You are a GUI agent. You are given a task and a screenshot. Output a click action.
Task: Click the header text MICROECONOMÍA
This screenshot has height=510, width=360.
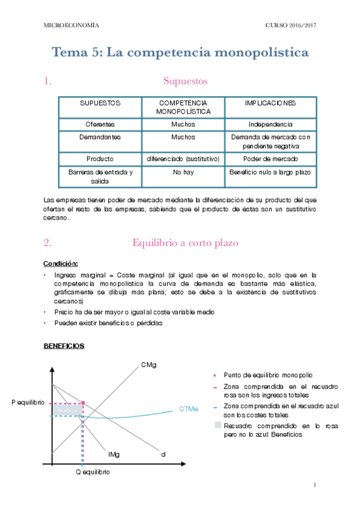click(72, 25)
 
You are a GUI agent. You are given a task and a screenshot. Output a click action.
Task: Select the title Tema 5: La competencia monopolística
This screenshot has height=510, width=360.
click(180, 52)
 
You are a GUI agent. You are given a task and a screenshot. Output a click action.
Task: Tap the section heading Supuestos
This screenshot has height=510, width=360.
click(185, 81)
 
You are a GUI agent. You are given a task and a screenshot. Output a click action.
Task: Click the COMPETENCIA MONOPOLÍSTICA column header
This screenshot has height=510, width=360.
click(183, 107)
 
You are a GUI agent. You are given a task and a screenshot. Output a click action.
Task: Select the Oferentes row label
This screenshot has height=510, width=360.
click(100, 124)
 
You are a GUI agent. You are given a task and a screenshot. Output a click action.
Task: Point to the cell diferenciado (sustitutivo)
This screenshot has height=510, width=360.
click(183, 159)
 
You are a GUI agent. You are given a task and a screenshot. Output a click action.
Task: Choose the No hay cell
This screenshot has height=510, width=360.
click(183, 172)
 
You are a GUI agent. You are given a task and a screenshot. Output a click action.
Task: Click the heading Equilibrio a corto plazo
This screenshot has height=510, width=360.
click(185, 243)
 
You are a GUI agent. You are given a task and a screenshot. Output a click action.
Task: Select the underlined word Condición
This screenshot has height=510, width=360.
click(60, 263)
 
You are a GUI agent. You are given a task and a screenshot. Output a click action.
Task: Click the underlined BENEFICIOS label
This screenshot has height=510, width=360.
click(64, 346)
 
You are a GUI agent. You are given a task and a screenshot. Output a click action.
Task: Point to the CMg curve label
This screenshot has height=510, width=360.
click(149, 364)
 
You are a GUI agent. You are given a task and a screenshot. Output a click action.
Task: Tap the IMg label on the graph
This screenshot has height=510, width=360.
click(114, 454)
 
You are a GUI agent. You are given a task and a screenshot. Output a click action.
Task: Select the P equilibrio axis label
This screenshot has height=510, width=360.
click(28, 402)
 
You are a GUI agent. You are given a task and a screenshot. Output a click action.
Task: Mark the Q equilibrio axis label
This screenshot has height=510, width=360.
click(92, 472)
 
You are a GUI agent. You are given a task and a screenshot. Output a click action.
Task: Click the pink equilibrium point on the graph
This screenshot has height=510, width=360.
click(82, 402)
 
